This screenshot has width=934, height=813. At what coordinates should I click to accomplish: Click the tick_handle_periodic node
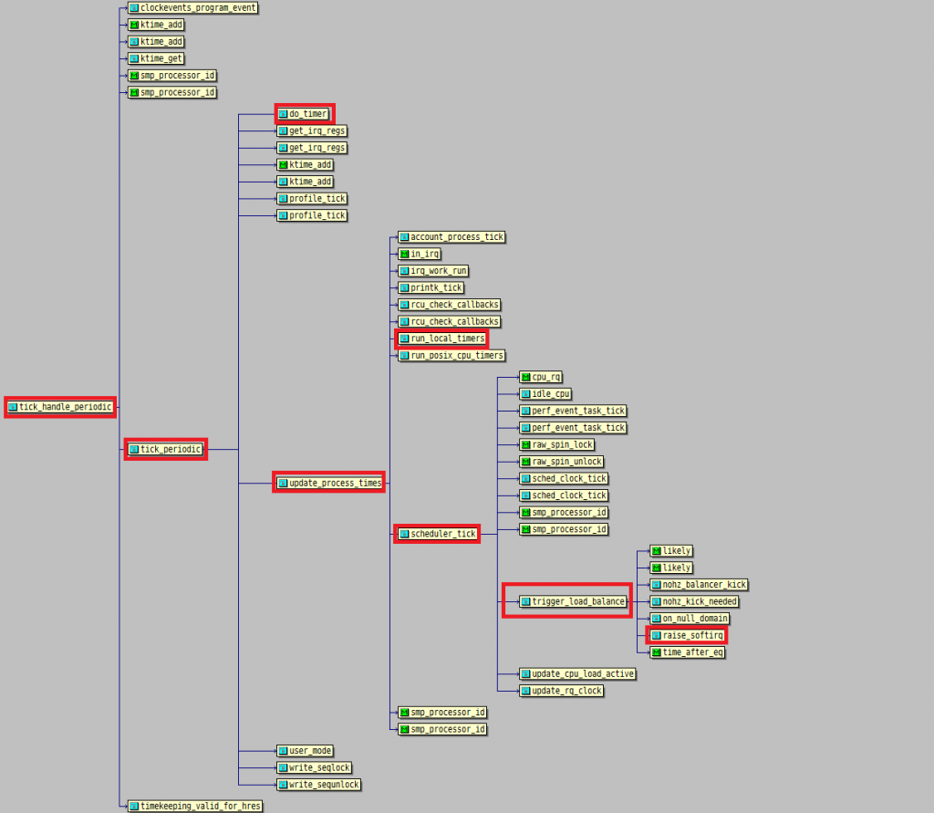[x=60, y=407]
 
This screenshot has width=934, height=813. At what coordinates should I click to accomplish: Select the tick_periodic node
[x=165, y=449]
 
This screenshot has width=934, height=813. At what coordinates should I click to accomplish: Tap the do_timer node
[x=305, y=114]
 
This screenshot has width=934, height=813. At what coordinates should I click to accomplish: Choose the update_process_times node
[x=329, y=483]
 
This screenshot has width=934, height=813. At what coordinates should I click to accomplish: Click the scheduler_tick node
[x=438, y=534]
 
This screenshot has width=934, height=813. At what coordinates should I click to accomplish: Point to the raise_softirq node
[x=688, y=635]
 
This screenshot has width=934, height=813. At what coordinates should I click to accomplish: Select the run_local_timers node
[x=442, y=339]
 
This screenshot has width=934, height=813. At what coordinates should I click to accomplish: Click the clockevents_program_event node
[x=192, y=8]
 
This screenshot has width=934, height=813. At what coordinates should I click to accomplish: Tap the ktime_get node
[x=156, y=58]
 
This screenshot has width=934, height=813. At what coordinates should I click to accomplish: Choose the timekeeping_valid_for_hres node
[x=195, y=806]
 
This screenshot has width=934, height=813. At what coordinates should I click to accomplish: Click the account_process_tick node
[x=451, y=237]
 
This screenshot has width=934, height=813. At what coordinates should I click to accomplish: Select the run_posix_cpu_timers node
[x=451, y=356]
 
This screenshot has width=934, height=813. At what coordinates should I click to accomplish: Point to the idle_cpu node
[x=545, y=394]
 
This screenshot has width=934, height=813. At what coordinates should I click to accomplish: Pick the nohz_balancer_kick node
[x=699, y=585]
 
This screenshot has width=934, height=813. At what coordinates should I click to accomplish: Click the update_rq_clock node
[x=562, y=691]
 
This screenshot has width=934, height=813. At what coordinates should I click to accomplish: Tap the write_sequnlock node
[x=318, y=785]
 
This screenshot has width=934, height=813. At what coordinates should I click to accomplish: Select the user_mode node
[x=305, y=751]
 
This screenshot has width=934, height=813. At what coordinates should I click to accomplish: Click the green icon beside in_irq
[x=404, y=254]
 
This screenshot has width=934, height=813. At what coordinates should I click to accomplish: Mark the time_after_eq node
[x=688, y=652]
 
